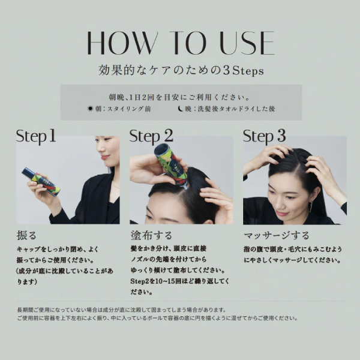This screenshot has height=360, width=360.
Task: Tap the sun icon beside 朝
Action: pos(91,109)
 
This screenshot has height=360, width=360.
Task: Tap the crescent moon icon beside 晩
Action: pos(181,109)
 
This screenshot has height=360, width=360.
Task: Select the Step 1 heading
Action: pos(36,136)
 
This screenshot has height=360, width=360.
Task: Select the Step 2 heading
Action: pos(151,136)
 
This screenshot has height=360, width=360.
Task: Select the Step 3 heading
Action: pos(264,136)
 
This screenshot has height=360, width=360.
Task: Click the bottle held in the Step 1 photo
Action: pos(41,181)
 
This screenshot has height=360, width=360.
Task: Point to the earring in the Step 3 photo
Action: pos(311,207)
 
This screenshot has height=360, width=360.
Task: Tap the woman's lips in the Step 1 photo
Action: pos(104,157)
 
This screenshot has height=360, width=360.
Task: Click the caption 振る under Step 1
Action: pos(26,236)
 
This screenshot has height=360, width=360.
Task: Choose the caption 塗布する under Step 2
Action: pos(151,236)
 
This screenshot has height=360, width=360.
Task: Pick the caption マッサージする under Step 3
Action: pos(277,236)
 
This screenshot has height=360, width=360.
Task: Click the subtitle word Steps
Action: pos(248,70)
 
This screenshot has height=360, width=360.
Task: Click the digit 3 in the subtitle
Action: pos(226,70)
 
